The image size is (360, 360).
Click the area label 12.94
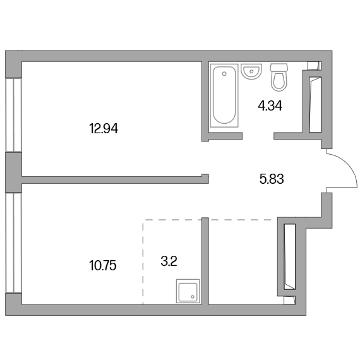104,129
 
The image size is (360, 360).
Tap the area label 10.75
103,266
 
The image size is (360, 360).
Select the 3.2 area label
169,261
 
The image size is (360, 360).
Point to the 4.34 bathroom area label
270,106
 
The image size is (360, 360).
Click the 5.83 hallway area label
272,179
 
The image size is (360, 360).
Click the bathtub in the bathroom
224,95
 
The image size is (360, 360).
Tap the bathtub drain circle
224,74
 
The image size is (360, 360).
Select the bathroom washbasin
251,71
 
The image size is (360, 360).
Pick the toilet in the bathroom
279,77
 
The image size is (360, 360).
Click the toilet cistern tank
279,67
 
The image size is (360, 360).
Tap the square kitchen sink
188,291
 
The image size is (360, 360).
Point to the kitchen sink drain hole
193,297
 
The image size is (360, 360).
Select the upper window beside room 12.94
13,115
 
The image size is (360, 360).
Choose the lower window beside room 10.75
13,243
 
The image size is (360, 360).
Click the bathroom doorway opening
258,136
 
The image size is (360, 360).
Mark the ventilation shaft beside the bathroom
315,104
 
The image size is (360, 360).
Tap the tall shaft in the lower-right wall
289,256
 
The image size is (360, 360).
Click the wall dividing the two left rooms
115,180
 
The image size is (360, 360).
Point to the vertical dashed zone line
143,262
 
